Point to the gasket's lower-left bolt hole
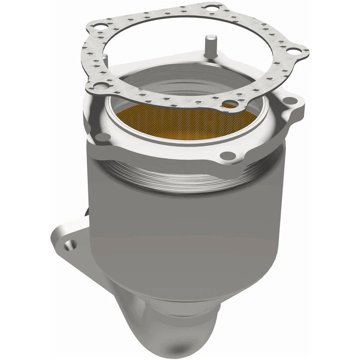pos(99,87)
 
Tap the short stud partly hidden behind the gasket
pos(106,58)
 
